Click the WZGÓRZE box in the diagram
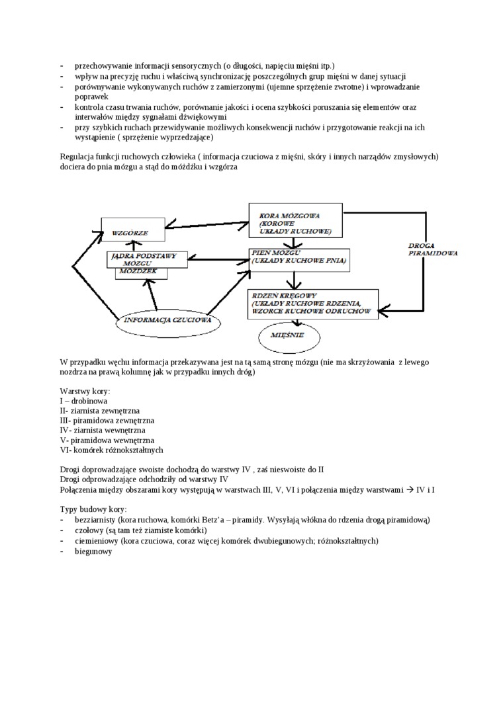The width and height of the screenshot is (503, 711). click(133, 232)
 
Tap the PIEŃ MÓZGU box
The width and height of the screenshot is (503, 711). click(298, 259)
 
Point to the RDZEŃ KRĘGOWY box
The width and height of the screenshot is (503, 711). click(313, 303)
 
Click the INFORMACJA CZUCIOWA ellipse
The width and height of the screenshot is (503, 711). click(168, 322)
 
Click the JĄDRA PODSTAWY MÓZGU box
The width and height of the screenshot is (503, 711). click(143, 259)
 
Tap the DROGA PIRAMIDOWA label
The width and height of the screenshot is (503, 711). click(434, 249)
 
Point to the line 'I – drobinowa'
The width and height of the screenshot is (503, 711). click(84, 401)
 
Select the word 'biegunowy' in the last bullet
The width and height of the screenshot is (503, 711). click(93, 552)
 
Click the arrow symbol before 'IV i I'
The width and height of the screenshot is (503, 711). click(409, 489)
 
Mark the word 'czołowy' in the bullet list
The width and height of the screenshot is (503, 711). click(89, 530)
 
